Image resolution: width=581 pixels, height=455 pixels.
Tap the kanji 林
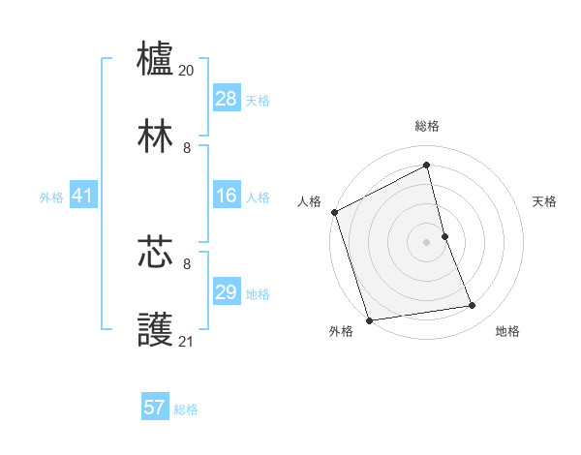click(x=156, y=136)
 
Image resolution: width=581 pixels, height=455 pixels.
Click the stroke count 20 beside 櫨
click(x=187, y=71)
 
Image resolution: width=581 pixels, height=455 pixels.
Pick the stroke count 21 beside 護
click(x=187, y=341)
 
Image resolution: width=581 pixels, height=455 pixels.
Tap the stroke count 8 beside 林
click(x=187, y=148)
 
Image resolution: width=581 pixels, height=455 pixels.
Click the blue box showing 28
click(x=227, y=99)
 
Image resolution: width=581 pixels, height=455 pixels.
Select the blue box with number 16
click(x=227, y=197)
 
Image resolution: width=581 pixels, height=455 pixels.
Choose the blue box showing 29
click(x=227, y=292)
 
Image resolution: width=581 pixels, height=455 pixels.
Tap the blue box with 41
click(x=83, y=197)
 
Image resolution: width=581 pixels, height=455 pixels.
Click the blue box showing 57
click(x=155, y=408)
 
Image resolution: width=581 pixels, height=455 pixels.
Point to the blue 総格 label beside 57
click(x=186, y=409)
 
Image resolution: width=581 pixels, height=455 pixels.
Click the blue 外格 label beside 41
click(x=51, y=197)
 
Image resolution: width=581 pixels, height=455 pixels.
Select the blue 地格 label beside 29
click(x=258, y=294)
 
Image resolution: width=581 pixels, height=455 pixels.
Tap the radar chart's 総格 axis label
click(x=427, y=126)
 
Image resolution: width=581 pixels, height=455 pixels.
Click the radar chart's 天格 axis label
click(x=544, y=201)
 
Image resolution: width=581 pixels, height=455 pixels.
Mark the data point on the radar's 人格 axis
click(x=335, y=212)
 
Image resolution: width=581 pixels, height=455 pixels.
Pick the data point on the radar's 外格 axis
click(x=369, y=319)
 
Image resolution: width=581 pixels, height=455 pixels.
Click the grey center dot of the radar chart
click(x=426, y=242)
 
